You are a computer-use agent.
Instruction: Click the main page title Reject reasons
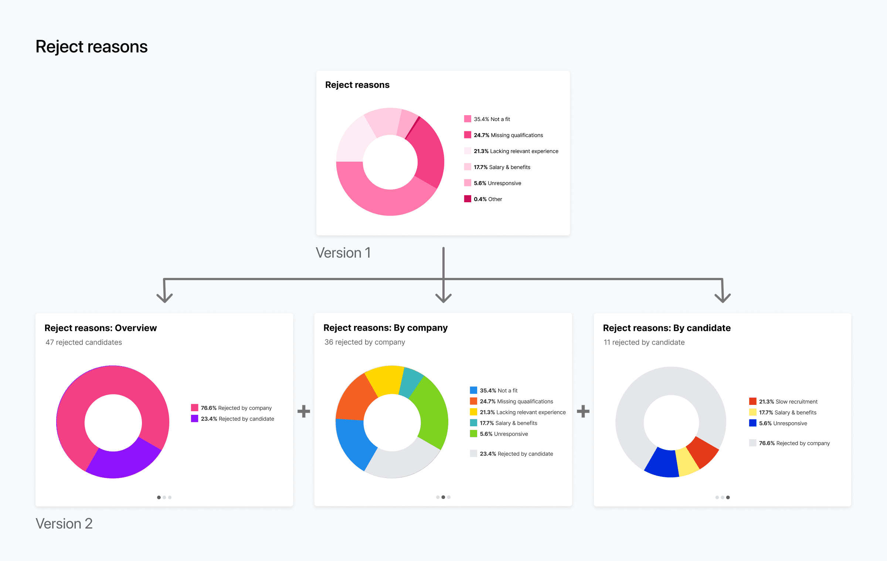(x=91, y=47)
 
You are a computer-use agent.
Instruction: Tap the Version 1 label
(x=343, y=253)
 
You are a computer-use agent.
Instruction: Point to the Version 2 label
(x=64, y=524)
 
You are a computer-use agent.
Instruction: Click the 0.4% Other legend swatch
(x=468, y=199)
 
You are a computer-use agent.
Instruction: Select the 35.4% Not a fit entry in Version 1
(x=487, y=119)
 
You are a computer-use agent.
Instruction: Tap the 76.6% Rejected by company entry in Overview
(x=231, y=408)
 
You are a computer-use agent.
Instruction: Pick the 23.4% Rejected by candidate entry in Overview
(x=232, y=419)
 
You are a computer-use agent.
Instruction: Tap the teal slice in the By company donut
(x=411, y=382)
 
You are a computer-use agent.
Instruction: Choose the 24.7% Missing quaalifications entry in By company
(x=512, y=401)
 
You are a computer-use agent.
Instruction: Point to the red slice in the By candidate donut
(x=702, y=452)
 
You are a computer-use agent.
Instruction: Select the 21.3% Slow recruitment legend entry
(x=783, y=402)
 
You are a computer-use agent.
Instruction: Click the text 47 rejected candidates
(x=84, y=342)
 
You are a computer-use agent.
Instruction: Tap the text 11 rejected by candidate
(x=644, y=342)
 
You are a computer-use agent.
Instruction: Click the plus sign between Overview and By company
(x=304, y=411)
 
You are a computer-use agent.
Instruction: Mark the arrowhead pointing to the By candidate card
(x=723, y=297)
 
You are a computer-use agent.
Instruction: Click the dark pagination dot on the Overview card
(x=159, y=498)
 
